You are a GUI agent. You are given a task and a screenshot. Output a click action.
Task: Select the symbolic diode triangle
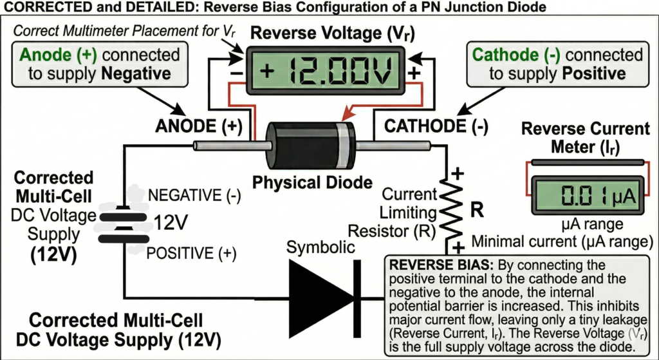(x=316, y=298)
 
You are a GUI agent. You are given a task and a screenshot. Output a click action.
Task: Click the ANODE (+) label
(x=198, y=128)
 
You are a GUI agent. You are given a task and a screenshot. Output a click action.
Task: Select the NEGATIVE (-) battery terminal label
(x=191, y=194)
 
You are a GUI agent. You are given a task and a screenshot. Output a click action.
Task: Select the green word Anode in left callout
(x=43, y=54)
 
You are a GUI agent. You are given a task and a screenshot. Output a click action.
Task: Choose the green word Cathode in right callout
(x=506, y=54)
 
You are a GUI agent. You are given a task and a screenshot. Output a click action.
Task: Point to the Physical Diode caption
(x=312, y=183)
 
